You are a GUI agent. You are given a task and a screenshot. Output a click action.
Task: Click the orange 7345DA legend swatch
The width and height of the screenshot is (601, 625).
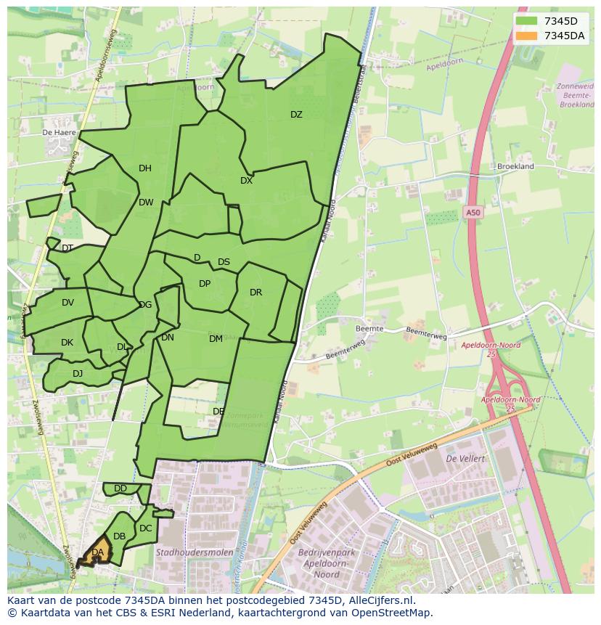pyautogui.click(x=527, y=36)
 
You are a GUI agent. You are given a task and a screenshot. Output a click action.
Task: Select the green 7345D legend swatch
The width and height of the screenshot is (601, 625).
pyautogui.click(x=527, y=21)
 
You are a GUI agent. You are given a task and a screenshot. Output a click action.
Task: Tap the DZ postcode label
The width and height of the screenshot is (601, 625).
pyautogui.click(x=296, y=115)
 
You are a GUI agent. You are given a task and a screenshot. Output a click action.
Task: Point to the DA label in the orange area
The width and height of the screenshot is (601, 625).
pyautogui.click(x=97, y=553)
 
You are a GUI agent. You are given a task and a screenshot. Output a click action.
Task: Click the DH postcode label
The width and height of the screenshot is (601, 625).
pyautogui.click(x=145, y=168)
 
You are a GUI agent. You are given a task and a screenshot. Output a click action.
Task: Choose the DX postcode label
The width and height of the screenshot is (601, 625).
pyautogui.click(x=246, y=181)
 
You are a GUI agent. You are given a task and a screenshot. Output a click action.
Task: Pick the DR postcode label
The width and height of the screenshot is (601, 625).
pyautogui.click(x=255, y=293)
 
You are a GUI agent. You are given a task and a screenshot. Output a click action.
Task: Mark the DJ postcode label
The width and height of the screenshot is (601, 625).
pyautogui.click(x=78, y=374)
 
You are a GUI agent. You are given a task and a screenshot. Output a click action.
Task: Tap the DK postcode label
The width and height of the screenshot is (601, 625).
pyautogui.click(x=67, y=343)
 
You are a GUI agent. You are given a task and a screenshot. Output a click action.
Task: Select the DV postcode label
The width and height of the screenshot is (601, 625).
pyautogui.click(x=68, y=303)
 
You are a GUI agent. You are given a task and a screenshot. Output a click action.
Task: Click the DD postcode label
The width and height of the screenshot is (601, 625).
pyautogui.click(x=120, y=489)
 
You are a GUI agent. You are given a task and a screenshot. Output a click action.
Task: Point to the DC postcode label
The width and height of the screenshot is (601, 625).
pyautogui.click(x=145, y=528)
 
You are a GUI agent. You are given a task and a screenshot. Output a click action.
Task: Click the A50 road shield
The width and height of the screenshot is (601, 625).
pyautogui.click(x=473, y=212)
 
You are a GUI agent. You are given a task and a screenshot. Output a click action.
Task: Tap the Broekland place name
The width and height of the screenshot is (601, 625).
pyautogui.click(x=515, y=166)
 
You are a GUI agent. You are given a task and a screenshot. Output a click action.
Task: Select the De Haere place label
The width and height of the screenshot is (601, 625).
pyautogui.click(x=59, y=133)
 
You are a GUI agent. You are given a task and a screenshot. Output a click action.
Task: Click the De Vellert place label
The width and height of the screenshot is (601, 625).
pyautogui.click(x=465, y=459)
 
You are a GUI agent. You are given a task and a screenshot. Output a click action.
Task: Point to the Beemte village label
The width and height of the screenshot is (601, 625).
pyautogui.click(x=369, y=329)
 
